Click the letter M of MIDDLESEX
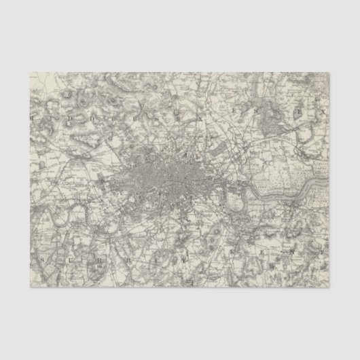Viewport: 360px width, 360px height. [x=31, y=116]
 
